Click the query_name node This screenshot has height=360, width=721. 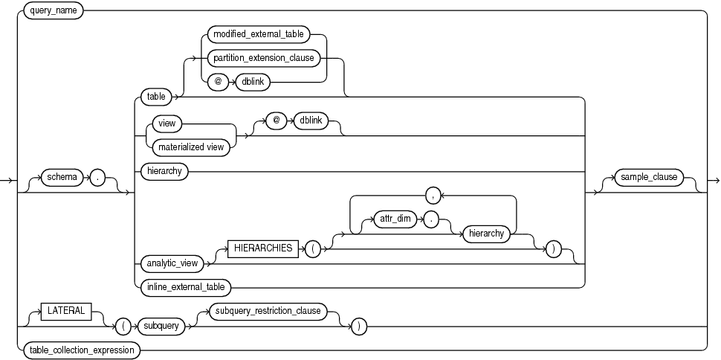54,11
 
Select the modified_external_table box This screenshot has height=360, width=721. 264,34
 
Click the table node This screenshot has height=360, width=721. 156,96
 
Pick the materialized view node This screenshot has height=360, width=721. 191,147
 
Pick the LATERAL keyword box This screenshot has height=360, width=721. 65,310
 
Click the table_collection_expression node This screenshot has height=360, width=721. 80,348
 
